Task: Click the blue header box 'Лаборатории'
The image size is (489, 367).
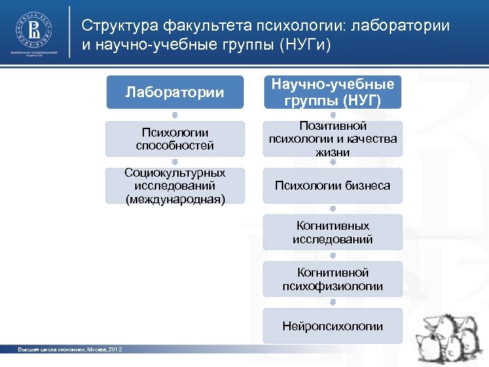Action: pyautogui.click(x=175, y=92)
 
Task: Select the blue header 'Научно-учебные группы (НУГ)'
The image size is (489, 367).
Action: pyautogui.click(x=333, y=92)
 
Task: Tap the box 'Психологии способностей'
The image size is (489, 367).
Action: pyautogui.click(x=175, y=139)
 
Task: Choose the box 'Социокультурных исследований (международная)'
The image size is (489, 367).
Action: pyautogui.click(x=175, y=186)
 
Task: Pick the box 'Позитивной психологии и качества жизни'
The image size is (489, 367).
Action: pyautogui.click(x=333, y=139)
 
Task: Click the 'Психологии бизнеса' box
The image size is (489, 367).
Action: pyautogui.click(x=333, y=186)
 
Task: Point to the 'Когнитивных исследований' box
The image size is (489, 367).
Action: pyautogui.click(x=333, y=232)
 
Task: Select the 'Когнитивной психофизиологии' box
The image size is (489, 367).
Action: pyautogui.click(x=333, y=279)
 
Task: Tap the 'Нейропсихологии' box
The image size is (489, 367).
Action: pyautogui.click(x=333, y=326)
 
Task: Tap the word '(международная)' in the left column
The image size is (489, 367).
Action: pyautogui.click(x=175, y=198)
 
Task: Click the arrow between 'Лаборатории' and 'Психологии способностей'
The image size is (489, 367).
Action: pyautogui.click(x=175, y=115)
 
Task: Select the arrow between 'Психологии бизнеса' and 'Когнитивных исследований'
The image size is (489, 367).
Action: pyautogui.click(x=333, y=209)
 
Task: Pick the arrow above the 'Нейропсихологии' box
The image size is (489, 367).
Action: pyautogui.click(x=333, y=302)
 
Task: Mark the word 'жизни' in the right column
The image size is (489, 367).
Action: pyautogui.click(x=333, y=152)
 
